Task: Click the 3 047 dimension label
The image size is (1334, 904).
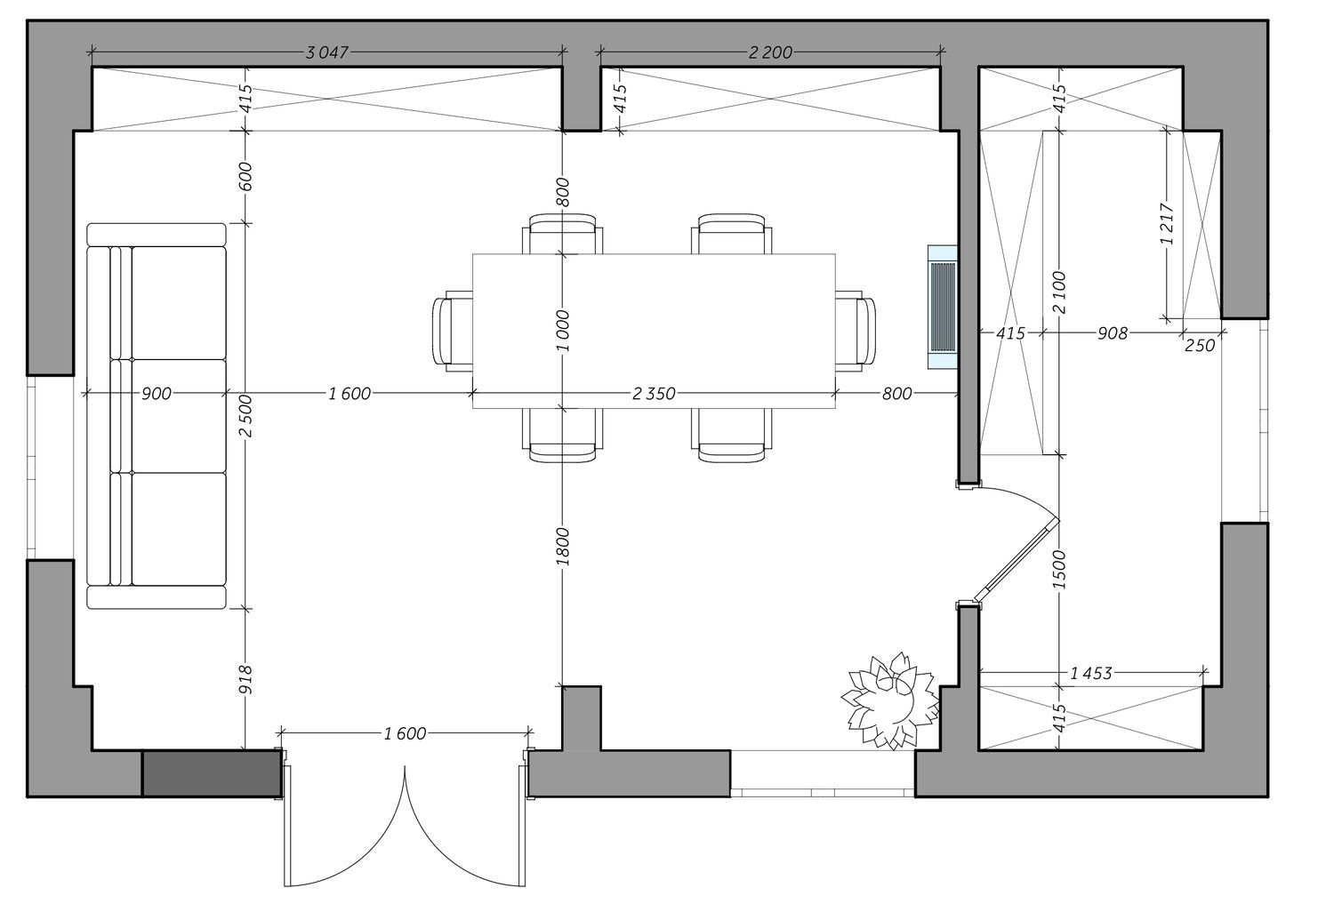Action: [326, 52]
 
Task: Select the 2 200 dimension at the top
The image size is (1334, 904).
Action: [770, 52]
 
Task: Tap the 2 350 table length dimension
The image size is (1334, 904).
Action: [654, 394]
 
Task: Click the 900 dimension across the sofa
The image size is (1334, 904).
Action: [156, 394]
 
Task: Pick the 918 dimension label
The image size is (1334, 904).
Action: [245, 679]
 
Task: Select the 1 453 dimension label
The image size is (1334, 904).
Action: [1091, 673]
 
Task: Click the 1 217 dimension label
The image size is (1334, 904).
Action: [1167, 224]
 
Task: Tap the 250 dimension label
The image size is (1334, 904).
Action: [1200, 345]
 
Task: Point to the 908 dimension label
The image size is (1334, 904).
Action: [1112, 333]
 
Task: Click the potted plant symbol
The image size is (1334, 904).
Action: [891, 700]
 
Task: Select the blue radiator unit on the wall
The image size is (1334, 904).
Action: [942, 307]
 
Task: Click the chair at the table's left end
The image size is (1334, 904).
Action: [453, 332]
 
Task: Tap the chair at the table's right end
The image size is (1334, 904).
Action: [856, 332]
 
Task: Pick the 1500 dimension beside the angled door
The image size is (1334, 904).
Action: [1058, 570]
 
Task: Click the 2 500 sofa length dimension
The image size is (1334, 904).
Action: [245, 415]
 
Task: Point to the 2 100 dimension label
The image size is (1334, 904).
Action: [1058, 292]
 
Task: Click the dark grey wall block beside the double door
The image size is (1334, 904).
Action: [212, 773]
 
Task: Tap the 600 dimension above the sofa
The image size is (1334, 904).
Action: [245, 176]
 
